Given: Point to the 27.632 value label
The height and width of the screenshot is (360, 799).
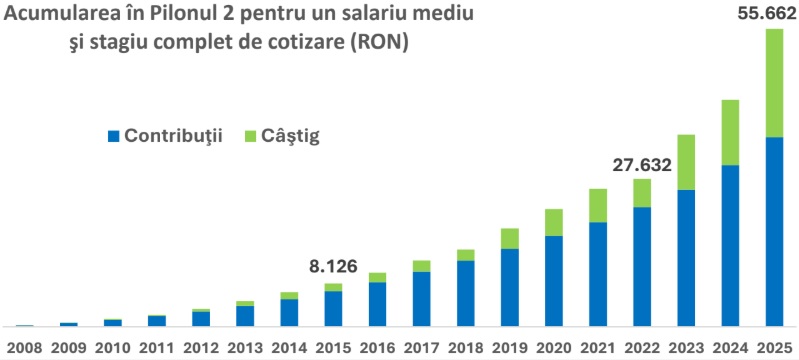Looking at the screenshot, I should point(641,164).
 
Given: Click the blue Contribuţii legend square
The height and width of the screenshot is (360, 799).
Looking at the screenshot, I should point(113,135).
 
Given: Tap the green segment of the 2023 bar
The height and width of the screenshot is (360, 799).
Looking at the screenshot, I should point(685,162).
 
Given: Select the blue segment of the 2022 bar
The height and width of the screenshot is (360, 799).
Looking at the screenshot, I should point(641,266).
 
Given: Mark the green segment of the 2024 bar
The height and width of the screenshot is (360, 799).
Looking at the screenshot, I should point(729,132).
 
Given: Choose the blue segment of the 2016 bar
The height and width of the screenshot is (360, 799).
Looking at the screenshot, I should point(377,303).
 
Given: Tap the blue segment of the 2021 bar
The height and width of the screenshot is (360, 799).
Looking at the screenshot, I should point(597,273).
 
